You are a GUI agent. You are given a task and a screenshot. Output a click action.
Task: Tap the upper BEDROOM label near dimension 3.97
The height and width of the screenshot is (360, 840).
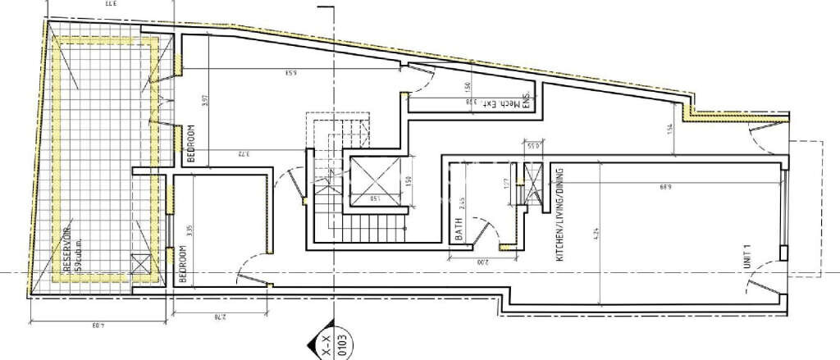click(190, 144)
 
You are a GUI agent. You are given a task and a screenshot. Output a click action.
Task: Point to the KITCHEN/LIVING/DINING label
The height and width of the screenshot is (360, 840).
click(561, 214)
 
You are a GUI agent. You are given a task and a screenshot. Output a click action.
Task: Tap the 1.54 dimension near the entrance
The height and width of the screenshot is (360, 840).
click(669, 130)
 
